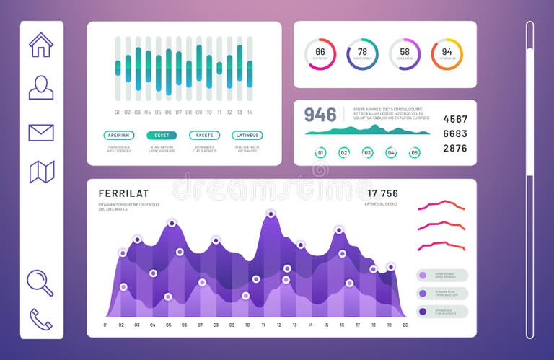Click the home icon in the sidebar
click(x=41, y=45)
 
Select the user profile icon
click(x=41, y=87)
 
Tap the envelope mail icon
click(x=41, y=133)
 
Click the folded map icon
click(x=41, y=172)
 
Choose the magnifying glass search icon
click(x=40, y=282)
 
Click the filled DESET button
click(x=162, y=135)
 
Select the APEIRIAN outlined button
click(x=119, y=135)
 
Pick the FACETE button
click(x=204, y=135)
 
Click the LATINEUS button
click(x=247, y=135)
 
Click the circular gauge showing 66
click(x=320, y=54)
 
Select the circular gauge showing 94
click(x=447, y=54)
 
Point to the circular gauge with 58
click(x=405, y=54)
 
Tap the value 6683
click(x=454, y=133)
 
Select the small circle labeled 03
click(x=367, y=152)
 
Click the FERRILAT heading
click(x=124, y=193)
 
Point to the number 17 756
click(x=382, y=193)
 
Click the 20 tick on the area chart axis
click(x=405, y=325)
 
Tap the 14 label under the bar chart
click(x=250, y=113)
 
